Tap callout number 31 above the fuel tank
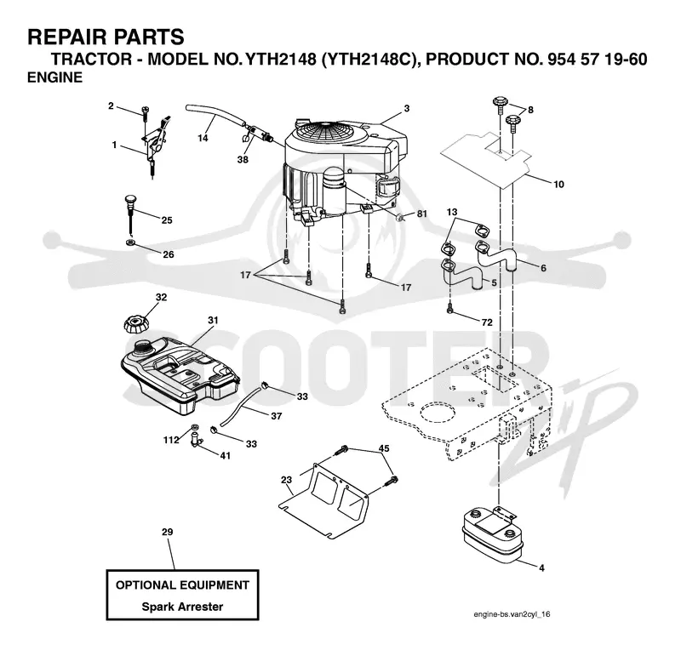pos(213,321)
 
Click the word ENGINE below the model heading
pos(54,77)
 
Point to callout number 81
pos(421,214)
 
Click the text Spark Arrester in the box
pos(182,607)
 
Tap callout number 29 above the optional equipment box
pos(167,532)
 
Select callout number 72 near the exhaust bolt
pos(487,322)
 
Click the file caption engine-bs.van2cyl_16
pos(512,614)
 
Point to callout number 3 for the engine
pos(407,109)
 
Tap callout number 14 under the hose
pos(203,138)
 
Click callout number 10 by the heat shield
pos(558,185)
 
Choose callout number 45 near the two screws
pos(384,448)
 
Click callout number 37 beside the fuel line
pos(276,416)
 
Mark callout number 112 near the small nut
pos(171,440)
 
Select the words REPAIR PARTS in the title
pos(106,37)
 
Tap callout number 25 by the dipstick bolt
pos(167,220)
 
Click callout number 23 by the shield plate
pos(286,480)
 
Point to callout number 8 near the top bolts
pos(529,111)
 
